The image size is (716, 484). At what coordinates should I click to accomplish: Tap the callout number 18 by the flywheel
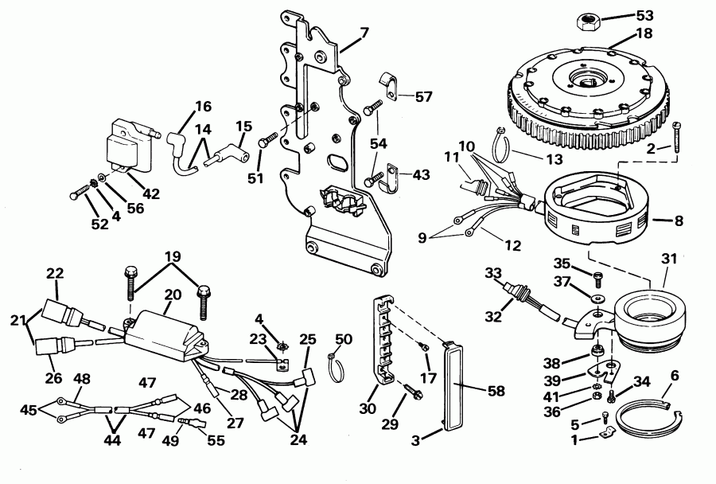(x=644, y=33)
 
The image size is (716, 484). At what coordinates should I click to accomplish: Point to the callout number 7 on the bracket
(x=364, y=33)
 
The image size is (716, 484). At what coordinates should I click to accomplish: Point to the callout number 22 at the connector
(x=54, y=272)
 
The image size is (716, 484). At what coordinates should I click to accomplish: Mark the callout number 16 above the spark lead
(x=204, y=106)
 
